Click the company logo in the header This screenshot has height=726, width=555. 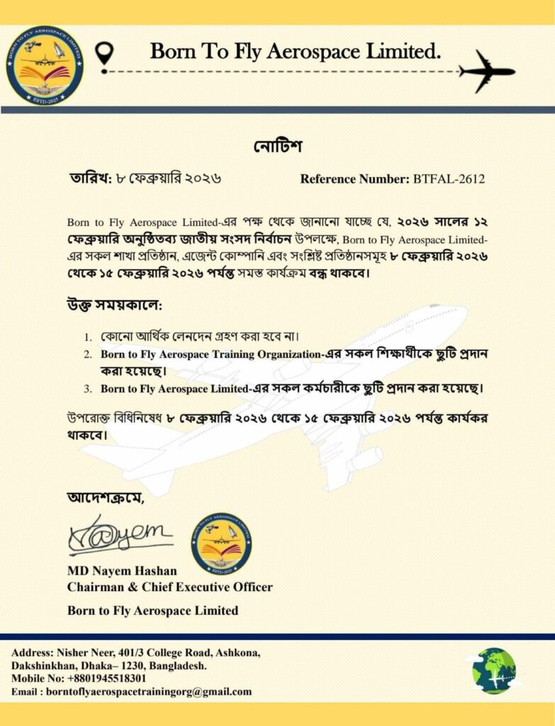(45, 65)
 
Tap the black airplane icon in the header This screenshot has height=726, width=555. (486, 71)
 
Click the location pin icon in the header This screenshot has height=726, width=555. (105, 52)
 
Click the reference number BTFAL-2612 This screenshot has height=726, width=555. (449, 179)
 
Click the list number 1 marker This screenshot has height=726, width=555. (88, 337)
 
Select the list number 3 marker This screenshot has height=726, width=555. (88, 389)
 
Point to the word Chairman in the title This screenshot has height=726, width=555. (94, 587)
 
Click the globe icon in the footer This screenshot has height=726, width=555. (494, 670)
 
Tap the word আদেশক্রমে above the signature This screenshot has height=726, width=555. (105, 497)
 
